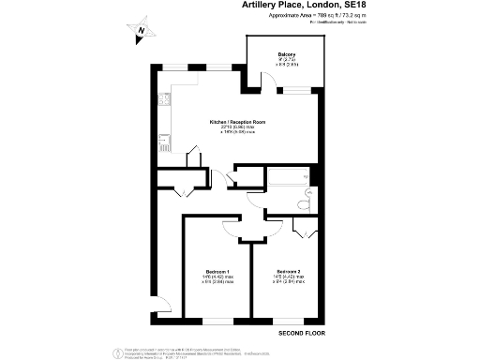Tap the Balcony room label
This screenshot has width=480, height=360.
tap(287, 54)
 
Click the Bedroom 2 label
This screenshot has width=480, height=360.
tap(288, 272)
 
